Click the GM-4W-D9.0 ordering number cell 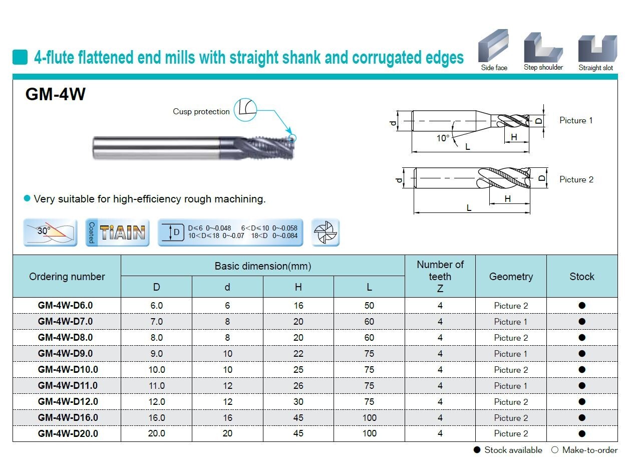[65, 353]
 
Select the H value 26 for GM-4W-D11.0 [298, 385]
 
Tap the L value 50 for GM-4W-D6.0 [369, 306]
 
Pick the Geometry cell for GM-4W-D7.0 [511, 321]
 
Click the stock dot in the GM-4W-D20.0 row [581, 433]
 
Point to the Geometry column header [511, 276]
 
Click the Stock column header [581, 276]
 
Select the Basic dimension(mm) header [262, 266]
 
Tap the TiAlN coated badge [117, 232]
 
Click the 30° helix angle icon [50, 232]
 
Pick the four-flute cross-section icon [326, 232]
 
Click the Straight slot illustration [597, 48]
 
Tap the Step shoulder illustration [543, 48]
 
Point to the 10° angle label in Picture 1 [443, 138]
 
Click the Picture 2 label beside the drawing [576, 179]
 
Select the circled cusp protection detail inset [245, 110]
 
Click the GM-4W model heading [56, 94]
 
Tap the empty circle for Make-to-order [554, 450]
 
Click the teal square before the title [20, 57]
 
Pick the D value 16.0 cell [157, 417]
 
